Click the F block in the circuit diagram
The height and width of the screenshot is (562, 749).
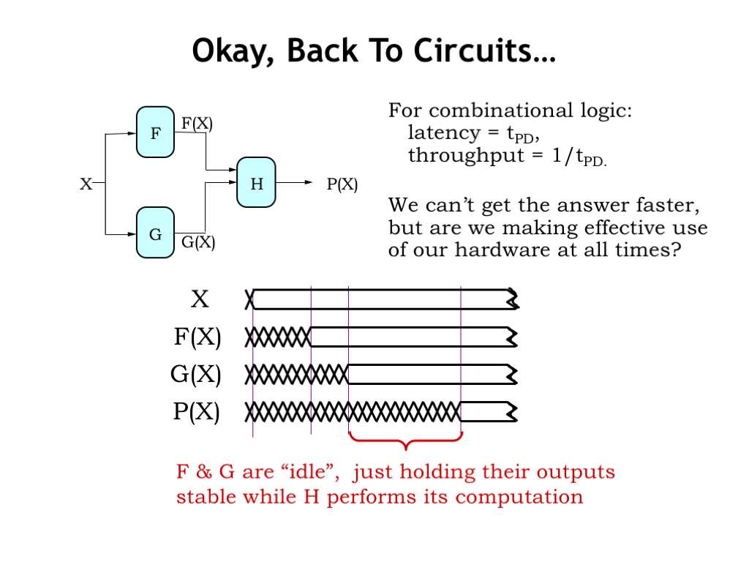pos(155,132)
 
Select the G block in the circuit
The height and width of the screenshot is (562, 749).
pos(155,233)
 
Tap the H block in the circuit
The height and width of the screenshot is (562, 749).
pos(256,183)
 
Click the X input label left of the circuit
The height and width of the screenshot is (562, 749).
pos(86,184)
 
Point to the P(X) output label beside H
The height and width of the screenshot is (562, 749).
pos(342,184)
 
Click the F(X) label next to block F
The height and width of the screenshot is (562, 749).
pos(197,123)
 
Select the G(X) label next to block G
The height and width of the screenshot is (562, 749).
pos(198,243)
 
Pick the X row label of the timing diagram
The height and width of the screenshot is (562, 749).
pos(200,299)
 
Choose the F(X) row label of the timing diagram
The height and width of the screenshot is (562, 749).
pos(197,337)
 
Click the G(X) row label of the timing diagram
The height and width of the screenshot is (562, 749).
pos(196,375)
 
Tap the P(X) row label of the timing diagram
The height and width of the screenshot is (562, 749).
pos(196,412)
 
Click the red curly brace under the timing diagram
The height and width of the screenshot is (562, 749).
pos(405,441)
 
